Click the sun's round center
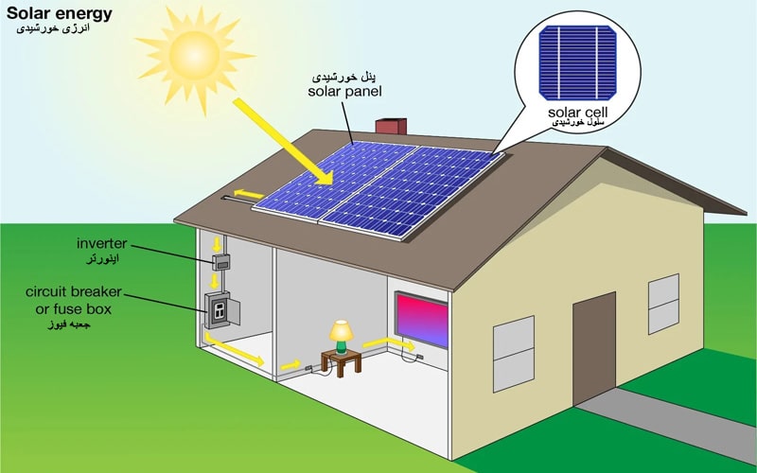point(195,56)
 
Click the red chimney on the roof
point(391,126)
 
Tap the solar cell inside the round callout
point(577,63)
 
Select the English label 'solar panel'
point(344,91)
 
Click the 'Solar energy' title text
point(59,13)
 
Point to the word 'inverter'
point(102,243)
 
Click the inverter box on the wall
point(221,262)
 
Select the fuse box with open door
point(222,310)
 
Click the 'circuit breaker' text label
point(74,292)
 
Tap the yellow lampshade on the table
point(342,330)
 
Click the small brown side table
point(342,362)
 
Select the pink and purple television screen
point(421,320)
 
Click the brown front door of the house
point(594,348)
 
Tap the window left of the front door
point(514,354)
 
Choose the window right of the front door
point(663,304)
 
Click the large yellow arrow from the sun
point(283,141)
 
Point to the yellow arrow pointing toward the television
point(389,343)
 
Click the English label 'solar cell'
point(577,112)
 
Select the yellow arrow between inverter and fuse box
point(215,281)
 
